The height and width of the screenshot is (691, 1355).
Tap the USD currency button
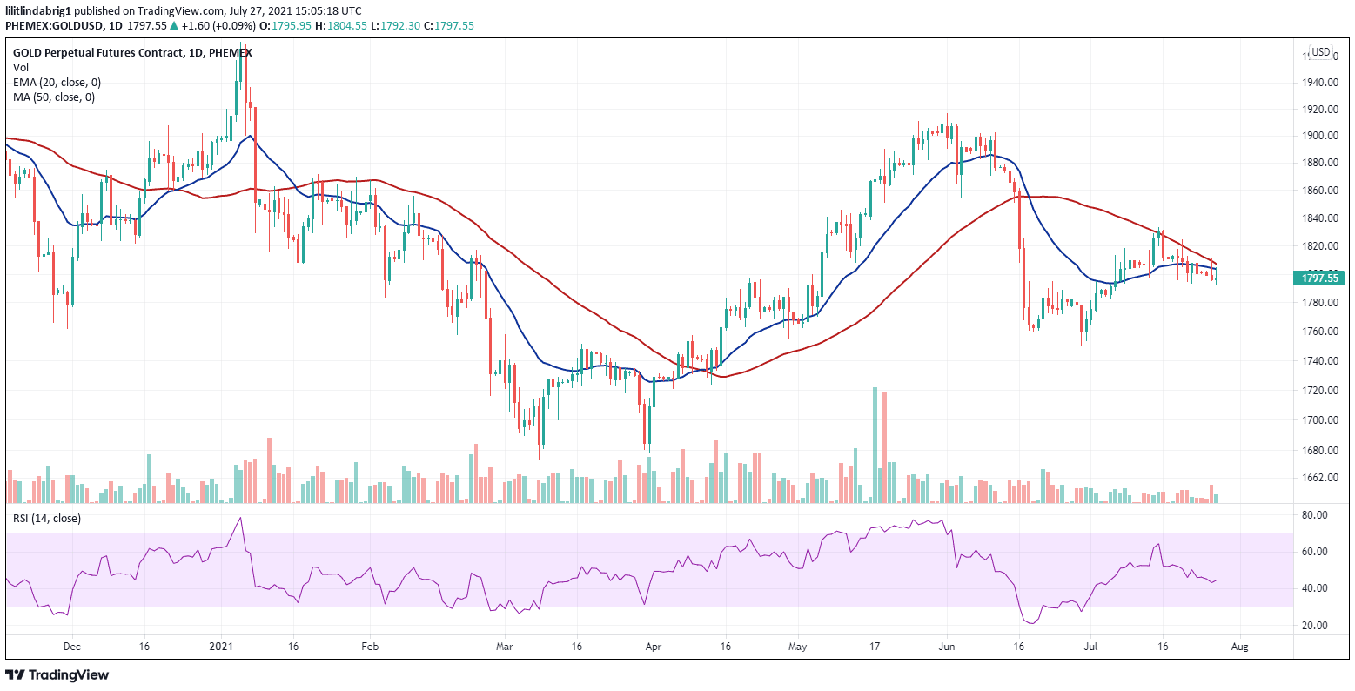[x=1320, y=52]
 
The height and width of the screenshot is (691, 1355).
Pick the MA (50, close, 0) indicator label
[x=54, y=97]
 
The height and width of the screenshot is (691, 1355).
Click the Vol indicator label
[x=20, y=67]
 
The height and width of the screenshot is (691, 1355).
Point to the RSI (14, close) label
[x=46, y=519]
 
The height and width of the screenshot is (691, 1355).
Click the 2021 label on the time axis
[x=222, y=647]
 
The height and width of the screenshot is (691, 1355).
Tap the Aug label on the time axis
[x=1241, y=647]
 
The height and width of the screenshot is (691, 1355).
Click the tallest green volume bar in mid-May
[x=875, y=446]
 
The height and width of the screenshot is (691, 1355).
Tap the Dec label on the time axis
[x=72, y=647]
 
